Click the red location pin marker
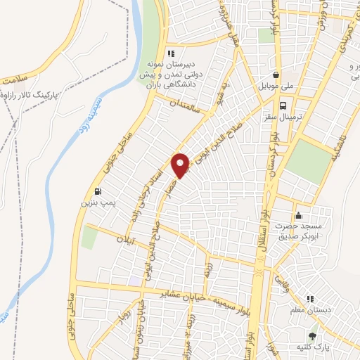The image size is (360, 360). click(181, 164)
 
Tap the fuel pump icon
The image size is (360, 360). click(96, 191)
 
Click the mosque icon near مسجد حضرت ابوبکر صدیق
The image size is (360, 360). click(298, 215)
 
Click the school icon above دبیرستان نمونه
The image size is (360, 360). click(169, 53)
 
